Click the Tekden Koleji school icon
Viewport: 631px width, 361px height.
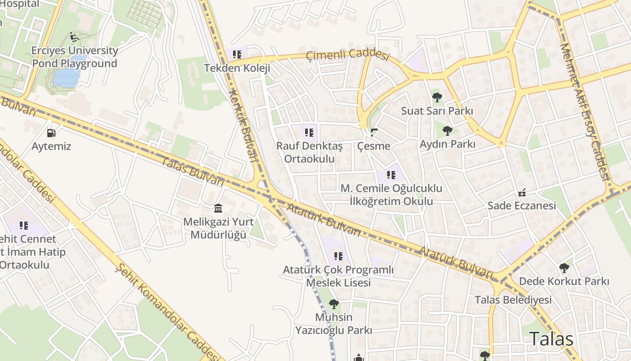tap(237, 55)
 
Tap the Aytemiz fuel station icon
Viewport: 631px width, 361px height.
tap(51, 133)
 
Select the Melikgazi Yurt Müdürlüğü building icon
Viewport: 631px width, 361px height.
tap(219, 208)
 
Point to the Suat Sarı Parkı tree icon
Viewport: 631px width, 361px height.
tap(437, 97)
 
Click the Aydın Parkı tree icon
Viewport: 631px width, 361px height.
tap(447, 131)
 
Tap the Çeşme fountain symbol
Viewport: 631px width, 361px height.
tap(374, 133)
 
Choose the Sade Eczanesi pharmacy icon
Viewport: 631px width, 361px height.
tap(522, 193)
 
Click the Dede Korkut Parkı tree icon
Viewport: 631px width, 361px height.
tap(564, 268)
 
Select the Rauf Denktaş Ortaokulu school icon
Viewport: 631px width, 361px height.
tap(309, 133)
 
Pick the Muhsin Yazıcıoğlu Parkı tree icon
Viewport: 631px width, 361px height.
tap(334, 304)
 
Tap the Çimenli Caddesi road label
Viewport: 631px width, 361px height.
tap(347, 56)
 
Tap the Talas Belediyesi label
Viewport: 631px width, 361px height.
tap(513, 300)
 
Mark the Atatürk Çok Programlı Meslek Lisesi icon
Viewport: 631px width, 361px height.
tap(338, 256)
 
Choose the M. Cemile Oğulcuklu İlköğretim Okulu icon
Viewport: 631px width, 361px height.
tap(391, 175)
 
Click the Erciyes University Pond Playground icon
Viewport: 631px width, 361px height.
tap(74, 37)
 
